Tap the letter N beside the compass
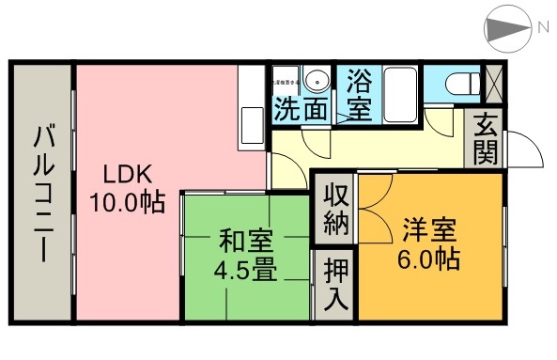543,29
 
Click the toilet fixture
457,84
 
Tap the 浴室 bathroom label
358,94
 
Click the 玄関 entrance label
485,138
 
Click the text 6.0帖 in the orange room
431,258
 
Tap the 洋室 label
431,228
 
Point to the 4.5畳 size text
244,272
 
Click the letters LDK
128,174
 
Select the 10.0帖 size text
126,202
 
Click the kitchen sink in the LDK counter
252,122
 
